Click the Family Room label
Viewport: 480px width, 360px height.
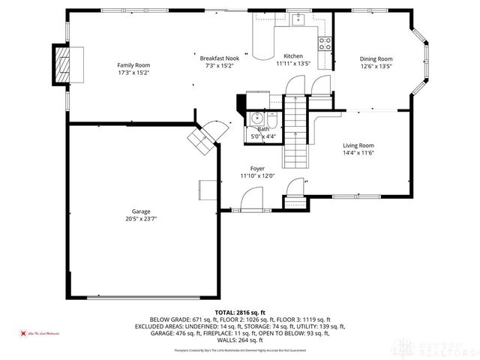coord(133,65)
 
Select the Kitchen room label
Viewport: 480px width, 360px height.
coord(292,57)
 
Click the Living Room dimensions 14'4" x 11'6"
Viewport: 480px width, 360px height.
coord(358,152)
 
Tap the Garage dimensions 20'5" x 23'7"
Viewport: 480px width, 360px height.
coord(141,219)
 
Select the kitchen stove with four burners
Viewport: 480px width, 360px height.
coord(326,43)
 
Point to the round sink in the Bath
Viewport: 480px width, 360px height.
coord(257,118)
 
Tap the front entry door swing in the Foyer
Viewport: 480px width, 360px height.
coord(251,199)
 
